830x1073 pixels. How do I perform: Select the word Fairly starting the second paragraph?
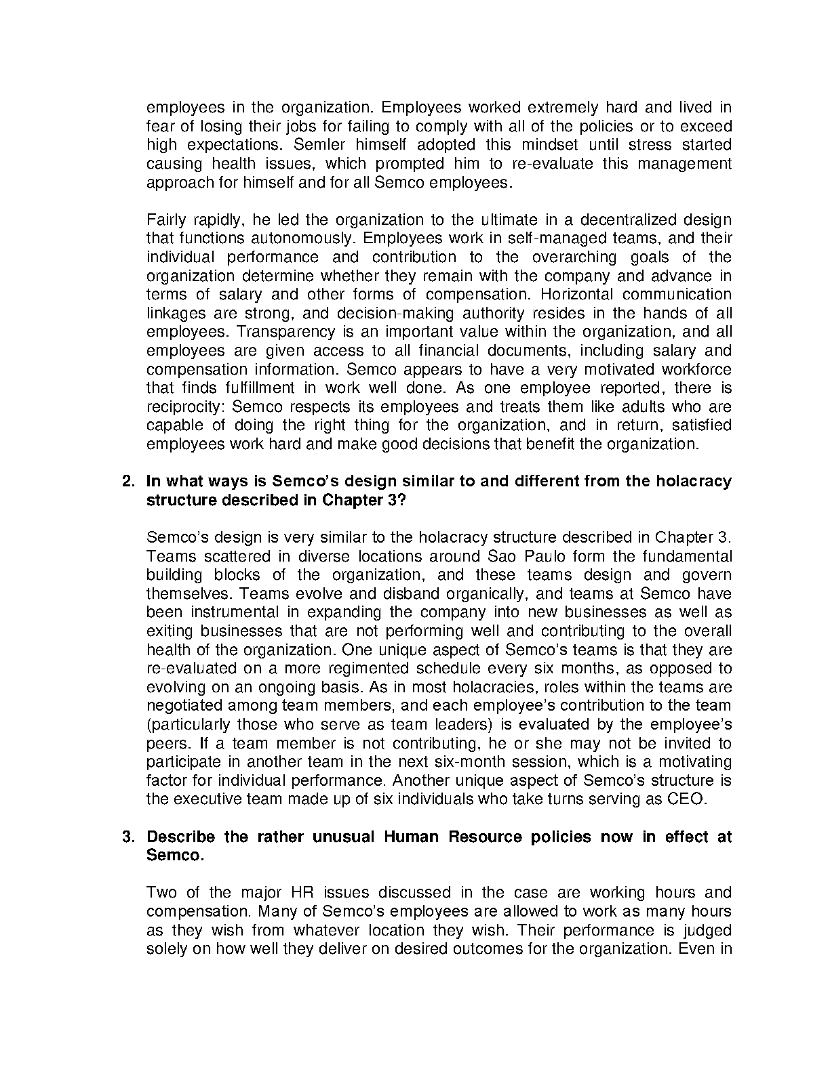(165, 220)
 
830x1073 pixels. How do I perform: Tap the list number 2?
(127, 482)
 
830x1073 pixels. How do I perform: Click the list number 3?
(127, 837)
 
